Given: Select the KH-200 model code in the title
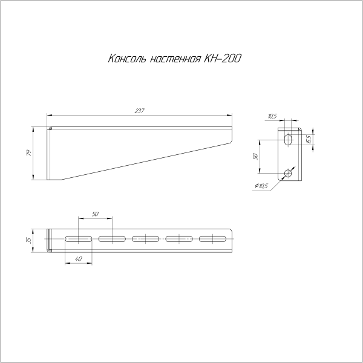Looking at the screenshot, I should coord(222,59).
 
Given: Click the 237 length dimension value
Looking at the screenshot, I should coord(140,110).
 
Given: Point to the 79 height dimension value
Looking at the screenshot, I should coord(29,153).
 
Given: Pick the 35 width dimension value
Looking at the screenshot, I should coord(29,240).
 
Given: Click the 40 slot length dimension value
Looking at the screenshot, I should coord(78,259).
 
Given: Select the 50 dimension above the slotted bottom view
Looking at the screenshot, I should coord(95,214).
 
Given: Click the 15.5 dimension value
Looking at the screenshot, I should coord(309,139).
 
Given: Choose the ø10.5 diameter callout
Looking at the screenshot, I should coord(262,186).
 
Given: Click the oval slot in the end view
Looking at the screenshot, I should coord(288,140).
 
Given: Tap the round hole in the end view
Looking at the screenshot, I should coord(288,174).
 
